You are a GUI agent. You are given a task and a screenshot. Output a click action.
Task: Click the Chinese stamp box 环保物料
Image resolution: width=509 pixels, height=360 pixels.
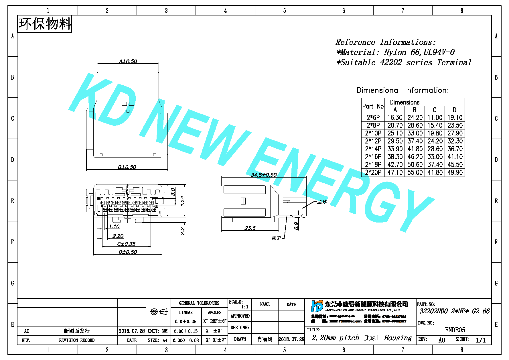(45, 24)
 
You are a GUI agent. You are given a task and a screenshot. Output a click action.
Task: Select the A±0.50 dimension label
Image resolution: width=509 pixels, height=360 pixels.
(128, 61)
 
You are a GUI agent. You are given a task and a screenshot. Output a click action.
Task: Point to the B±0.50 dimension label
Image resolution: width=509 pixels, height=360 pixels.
(127, 167)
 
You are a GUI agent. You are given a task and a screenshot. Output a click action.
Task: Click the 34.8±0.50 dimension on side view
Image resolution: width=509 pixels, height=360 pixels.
(264, 175)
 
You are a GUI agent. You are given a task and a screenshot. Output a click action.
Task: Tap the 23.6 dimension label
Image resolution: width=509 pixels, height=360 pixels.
(250, 228)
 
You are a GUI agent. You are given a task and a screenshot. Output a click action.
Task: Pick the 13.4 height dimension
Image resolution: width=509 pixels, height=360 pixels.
(182, 201)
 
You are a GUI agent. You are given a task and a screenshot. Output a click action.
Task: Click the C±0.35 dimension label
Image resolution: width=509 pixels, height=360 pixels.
(126, 244)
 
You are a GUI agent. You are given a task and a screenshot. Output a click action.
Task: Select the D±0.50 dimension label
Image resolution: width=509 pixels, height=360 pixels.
(128, 252)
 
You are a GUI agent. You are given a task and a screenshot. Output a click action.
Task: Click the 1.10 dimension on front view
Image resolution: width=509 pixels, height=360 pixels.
(114, 227)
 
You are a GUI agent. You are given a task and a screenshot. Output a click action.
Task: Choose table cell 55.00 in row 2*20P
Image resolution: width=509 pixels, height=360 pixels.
(415, 172)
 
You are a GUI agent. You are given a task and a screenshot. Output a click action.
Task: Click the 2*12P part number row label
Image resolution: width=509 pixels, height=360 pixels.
(373, 141)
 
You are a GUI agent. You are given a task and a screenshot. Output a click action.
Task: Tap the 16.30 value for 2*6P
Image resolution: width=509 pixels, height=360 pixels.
(395, 118)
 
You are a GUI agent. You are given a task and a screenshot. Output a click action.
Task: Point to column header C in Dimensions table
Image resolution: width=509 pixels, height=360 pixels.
(435, 110)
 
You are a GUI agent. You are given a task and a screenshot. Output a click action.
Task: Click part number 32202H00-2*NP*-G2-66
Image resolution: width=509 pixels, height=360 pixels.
(454, 311)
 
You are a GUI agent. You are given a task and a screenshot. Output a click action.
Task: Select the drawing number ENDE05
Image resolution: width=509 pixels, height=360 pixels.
(455, 330)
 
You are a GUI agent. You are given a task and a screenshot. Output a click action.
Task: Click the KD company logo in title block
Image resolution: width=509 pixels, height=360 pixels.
(317, 306)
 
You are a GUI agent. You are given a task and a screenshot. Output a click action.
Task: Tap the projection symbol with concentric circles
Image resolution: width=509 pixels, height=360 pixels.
(154, 312)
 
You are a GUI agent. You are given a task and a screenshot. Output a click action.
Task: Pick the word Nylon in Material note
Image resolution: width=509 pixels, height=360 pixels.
(395, 52)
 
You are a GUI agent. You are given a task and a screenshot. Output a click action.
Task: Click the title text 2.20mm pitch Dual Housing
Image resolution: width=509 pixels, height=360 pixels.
(362, 338)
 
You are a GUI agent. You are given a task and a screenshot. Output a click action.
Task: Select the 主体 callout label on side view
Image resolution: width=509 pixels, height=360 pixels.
(322, 202)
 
